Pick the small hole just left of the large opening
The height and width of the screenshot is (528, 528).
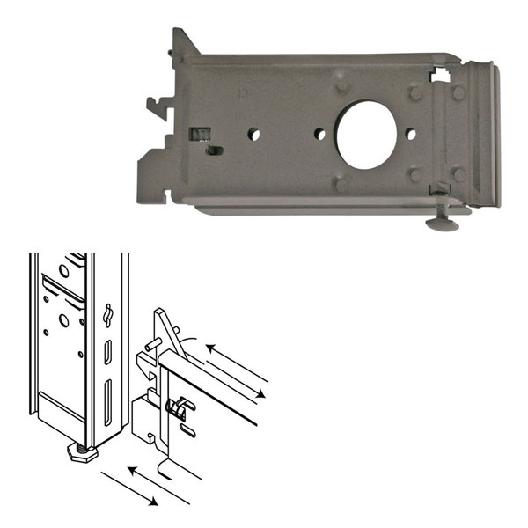(319, 135)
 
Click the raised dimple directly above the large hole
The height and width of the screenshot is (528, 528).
(341, 83)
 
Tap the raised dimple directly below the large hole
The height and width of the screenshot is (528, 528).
(338, 183)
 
